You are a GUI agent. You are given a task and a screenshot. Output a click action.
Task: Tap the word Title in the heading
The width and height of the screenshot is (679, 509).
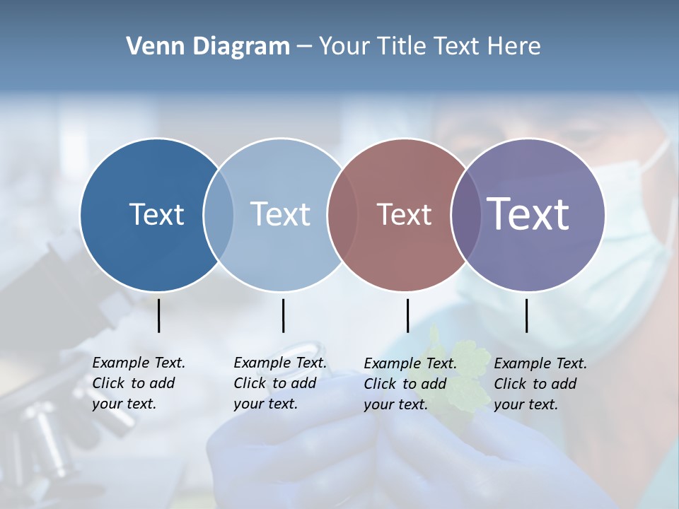[401, 47]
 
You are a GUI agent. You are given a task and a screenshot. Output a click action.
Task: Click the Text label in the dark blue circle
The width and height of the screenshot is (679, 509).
[156, 214]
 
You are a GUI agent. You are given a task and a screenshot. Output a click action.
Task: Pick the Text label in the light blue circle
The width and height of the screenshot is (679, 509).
[281, 214]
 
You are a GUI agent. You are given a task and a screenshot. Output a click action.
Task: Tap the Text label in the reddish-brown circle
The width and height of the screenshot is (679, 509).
[404, 215]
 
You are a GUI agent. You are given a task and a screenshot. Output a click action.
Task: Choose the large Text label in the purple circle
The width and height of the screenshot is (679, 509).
[528, 213]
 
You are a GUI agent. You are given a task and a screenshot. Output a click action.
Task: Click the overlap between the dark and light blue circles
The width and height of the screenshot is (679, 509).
[219, 215]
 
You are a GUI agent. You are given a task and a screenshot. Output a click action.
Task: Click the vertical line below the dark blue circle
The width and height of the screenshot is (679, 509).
[159, 315]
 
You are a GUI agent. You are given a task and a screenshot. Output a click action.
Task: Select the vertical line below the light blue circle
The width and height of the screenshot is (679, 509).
[283, 315]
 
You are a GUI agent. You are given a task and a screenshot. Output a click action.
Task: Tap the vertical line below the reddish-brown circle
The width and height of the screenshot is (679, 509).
[407, 315]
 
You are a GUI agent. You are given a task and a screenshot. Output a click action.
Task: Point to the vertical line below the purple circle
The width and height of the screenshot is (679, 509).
[526, 315]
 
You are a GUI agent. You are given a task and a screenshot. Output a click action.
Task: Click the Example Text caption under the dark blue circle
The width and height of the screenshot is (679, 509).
[138, 383]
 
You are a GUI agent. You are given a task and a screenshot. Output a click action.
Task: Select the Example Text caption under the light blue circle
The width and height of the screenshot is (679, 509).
[279, 383]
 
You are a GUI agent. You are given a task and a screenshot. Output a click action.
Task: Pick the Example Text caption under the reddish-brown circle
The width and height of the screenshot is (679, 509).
[410, 384]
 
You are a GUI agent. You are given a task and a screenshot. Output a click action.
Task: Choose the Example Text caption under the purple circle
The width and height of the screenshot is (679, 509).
[540, 384]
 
